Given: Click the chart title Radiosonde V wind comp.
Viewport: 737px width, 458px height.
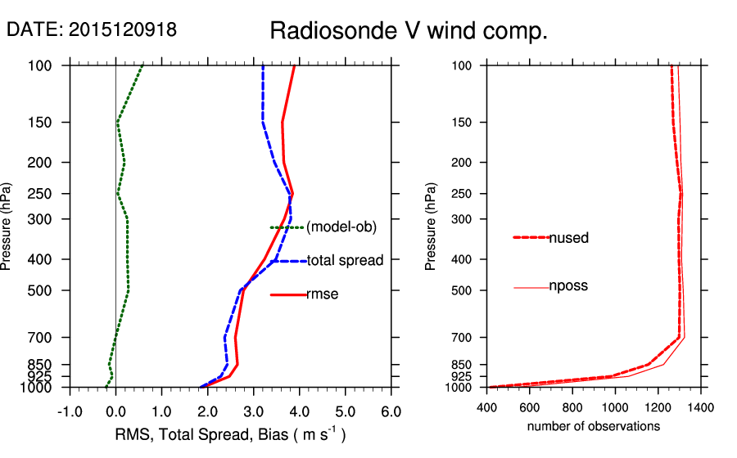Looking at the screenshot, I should (x=408, y=32).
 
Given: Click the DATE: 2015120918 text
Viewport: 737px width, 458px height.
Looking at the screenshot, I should (x=91, y=29).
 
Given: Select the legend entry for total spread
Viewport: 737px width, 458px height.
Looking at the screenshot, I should (x=345, y=261).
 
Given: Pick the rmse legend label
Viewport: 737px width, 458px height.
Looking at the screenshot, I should (x=322, y=294).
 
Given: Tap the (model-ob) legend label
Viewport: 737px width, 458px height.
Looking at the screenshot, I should (x=341, y=227).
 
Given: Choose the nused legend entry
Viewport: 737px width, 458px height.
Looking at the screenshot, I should (x=568, y=238).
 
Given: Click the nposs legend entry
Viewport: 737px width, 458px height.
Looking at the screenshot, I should (x=568, y=286).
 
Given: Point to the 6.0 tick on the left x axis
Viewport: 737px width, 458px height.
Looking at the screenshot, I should (x=391, y=411).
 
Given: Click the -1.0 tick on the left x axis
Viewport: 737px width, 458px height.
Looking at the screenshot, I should (x=69, y=411).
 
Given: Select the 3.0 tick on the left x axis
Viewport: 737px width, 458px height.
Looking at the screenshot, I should (x=253, y=411).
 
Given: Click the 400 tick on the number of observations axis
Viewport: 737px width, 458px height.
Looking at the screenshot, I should (x=487, y=406).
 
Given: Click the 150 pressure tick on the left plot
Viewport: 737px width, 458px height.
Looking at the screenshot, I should (x=46, y=123).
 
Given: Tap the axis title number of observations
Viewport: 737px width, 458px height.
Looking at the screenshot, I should (x=594, y=426).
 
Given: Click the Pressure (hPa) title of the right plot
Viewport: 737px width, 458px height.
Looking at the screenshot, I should (x=432, y=226).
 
